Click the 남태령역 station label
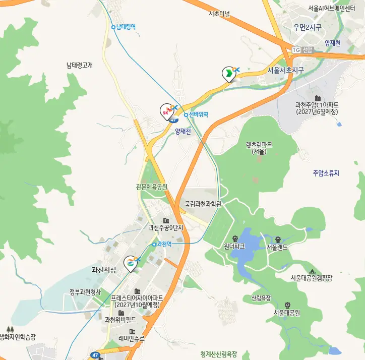coord(126,27)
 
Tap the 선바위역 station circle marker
coord(186,115)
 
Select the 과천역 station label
coord(164,244)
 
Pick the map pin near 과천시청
coord(131,263)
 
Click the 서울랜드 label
coord(277,247)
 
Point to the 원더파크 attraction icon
coord(234,238)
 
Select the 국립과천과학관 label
coord(203,204)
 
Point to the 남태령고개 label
coord(80,65)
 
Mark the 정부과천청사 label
coord(85,292)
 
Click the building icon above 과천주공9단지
coord(165,220)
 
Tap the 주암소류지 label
coord(326,173)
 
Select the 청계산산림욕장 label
coord(218,354)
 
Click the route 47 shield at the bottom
coord(95,355)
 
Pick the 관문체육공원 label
coord(151,187)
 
